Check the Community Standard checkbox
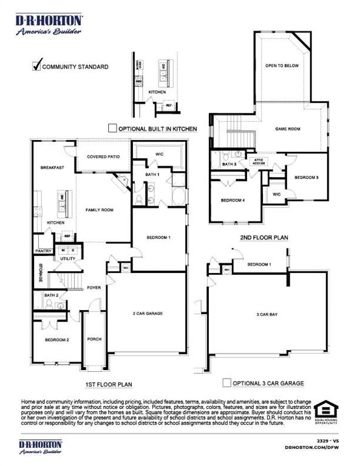coord(36,66)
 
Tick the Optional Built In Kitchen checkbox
coord(112,128)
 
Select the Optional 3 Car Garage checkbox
coord(226,383)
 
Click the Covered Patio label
coord(103,157)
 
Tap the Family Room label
coord(99,210)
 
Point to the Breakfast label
coord(52,167)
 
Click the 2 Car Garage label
coord(147,313)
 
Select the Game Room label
coord(288,129)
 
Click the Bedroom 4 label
coord(233,200)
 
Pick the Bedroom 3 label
coord(307,177)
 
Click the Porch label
coord(94,339)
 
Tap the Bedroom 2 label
coord(56,340)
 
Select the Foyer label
coord(93,288)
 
